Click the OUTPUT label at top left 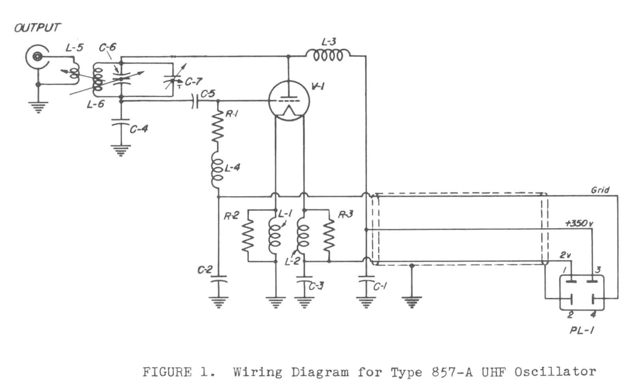click(x=37, y=28)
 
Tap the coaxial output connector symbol click(x=37, y=58)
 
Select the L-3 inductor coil click(x=328, y=56)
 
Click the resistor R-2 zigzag click(x=248, y=235)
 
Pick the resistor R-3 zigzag click(x=329, y=235)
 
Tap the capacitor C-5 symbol click(x=195, y=101)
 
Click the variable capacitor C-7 click(x=172, y=78)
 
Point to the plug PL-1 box click(x=582, y=292)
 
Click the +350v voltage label click(x=579, y=224)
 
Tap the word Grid click(x=600, y=190)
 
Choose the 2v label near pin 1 click(x=565, y=255)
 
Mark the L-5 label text click(x=75, y=48)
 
